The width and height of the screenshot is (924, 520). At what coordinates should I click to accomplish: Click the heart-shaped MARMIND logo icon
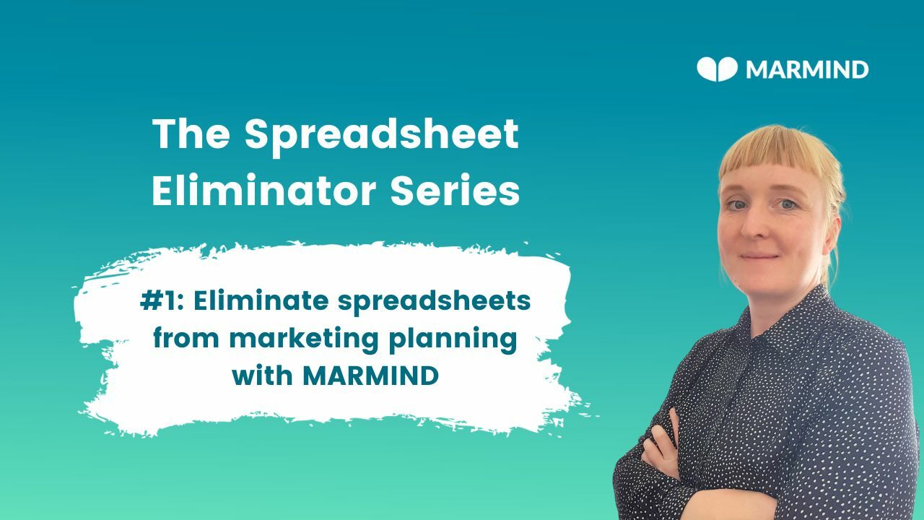tap(717, 69)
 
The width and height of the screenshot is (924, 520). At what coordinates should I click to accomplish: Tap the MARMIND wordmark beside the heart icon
tap(806, 70)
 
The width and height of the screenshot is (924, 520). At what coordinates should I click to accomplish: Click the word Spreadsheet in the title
tap(381, 135)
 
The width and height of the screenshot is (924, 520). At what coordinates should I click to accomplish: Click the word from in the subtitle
tap(187, 339)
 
